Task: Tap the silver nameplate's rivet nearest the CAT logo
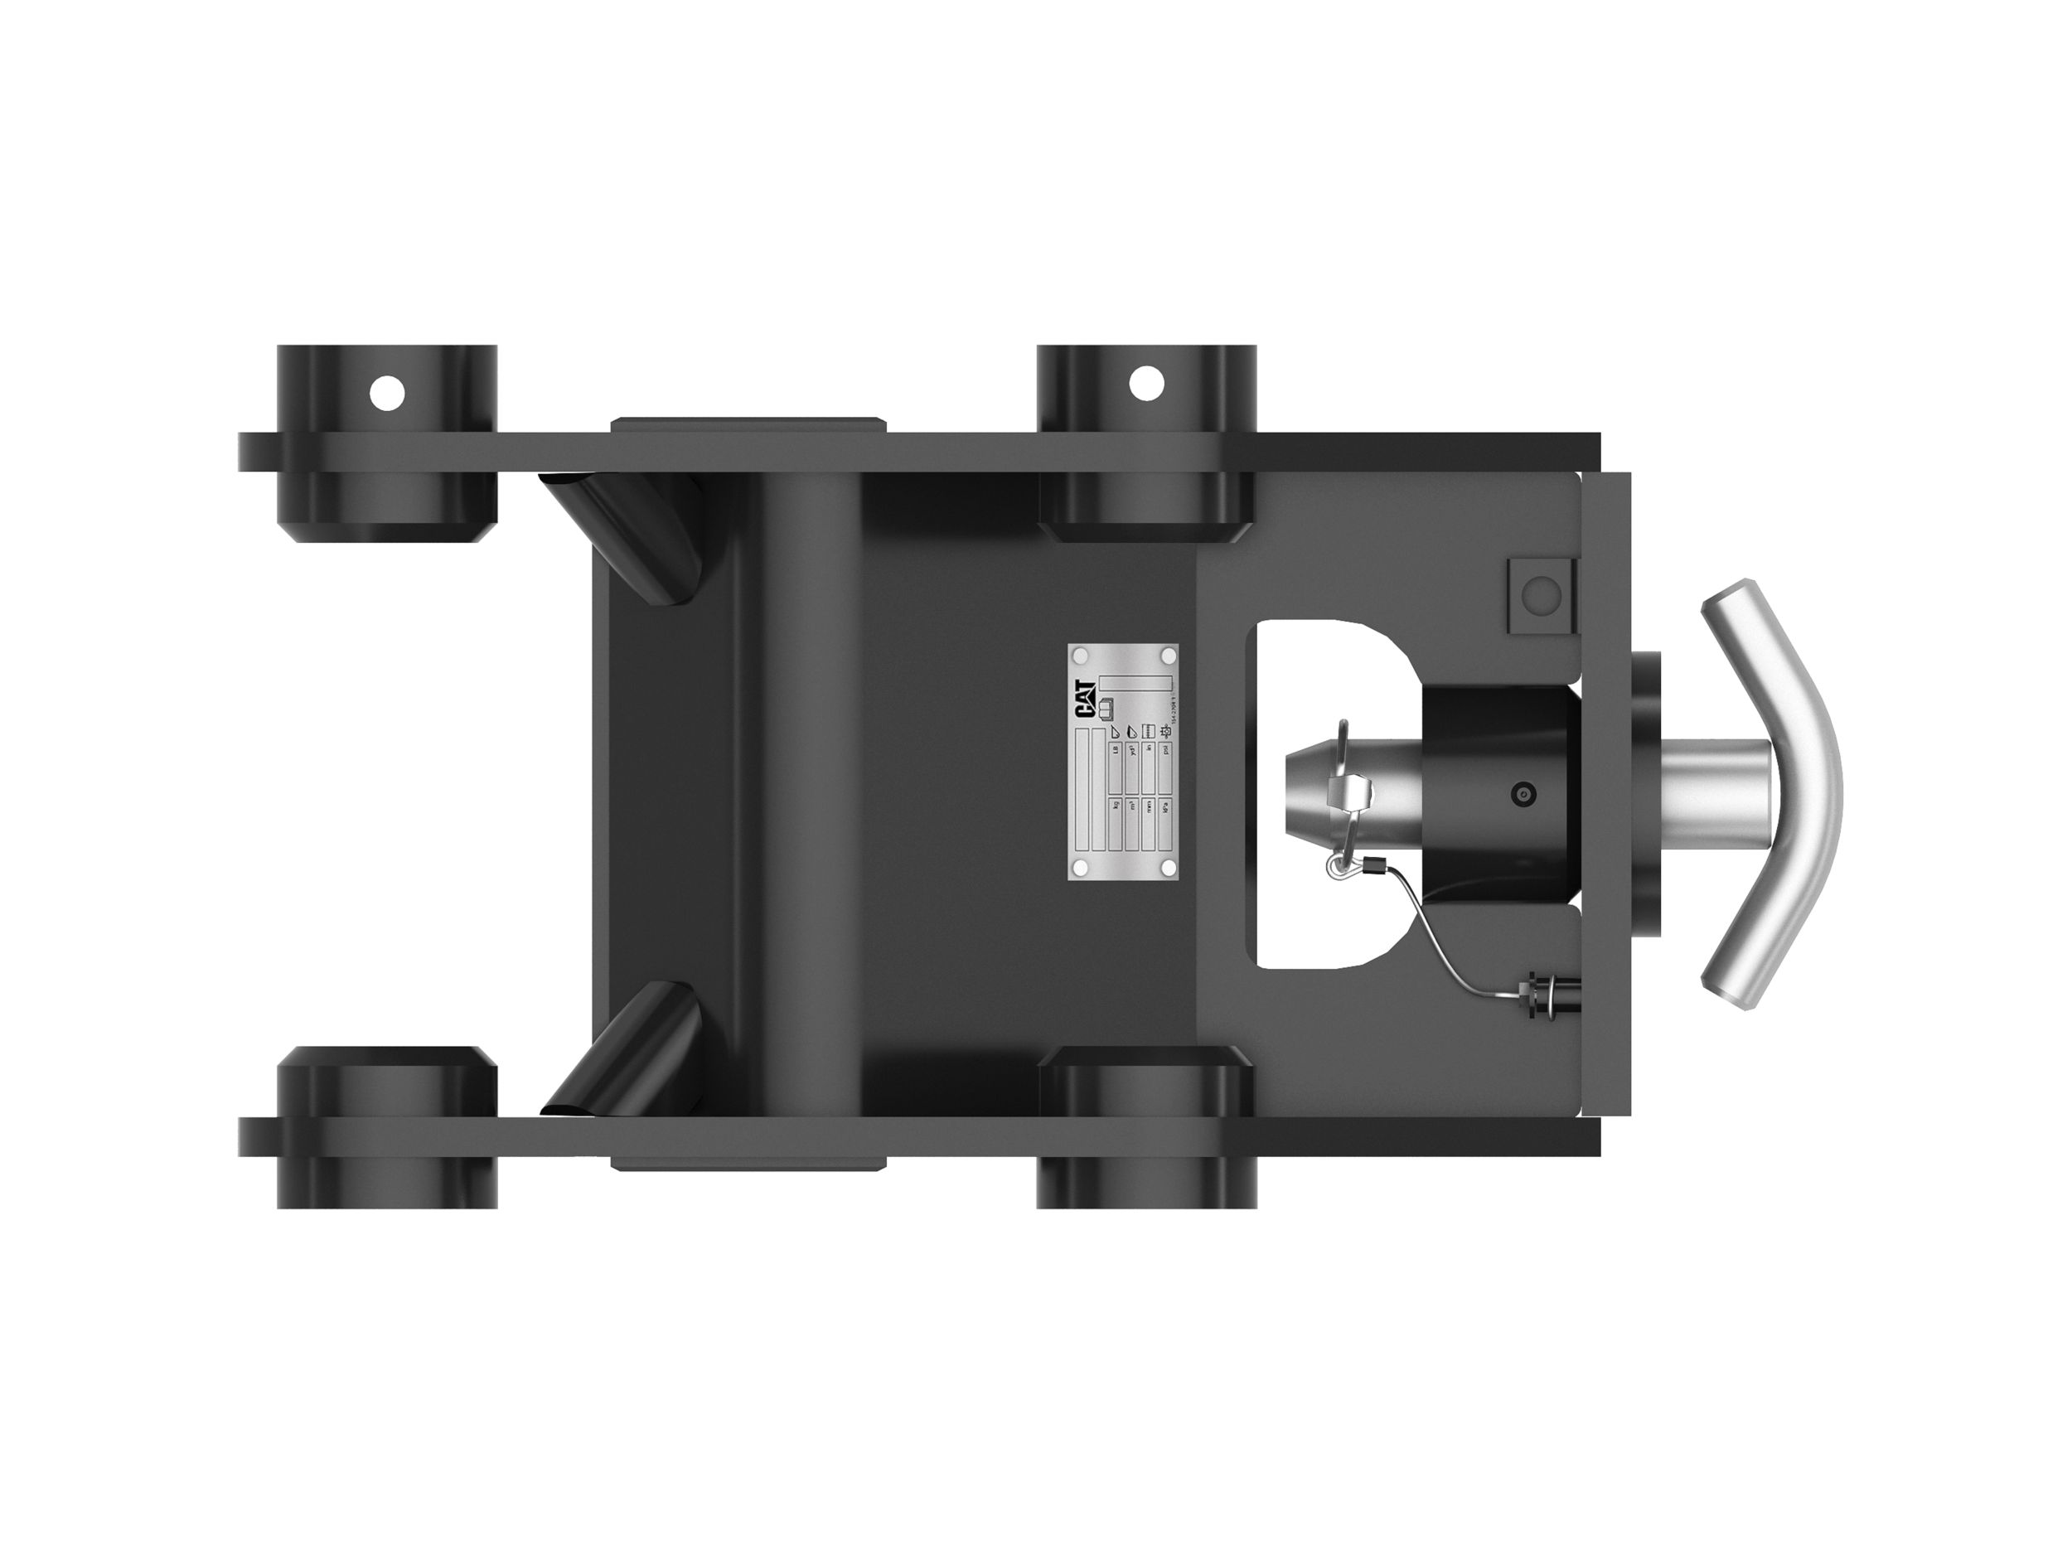(1080, 653)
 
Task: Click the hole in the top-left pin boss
(387, 394)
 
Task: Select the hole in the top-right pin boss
(1145, 382)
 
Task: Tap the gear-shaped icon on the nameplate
(1165, 732)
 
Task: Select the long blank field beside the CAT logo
(1135, 682)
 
